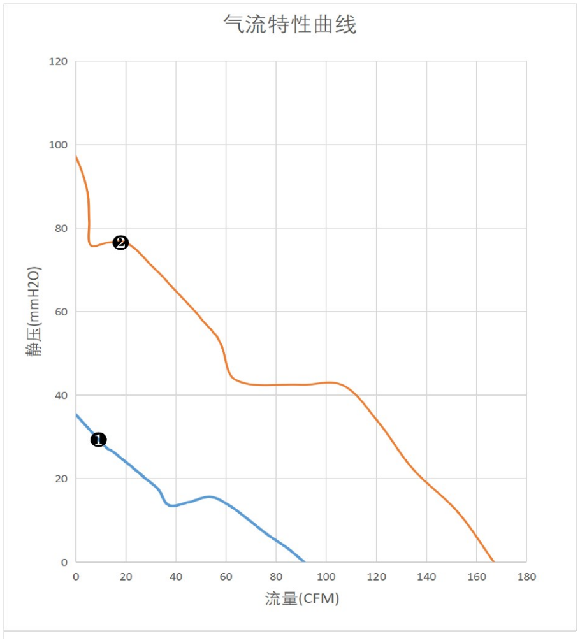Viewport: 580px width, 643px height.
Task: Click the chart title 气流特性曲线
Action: point(290,24)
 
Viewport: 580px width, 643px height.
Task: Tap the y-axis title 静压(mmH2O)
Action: point(34,311)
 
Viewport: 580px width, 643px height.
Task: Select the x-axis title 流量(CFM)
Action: point(302,598)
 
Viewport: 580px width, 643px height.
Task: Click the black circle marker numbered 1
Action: point(98,440)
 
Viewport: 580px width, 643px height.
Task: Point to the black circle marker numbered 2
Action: point(120,243)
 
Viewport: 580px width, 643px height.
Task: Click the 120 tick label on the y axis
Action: point(58,62)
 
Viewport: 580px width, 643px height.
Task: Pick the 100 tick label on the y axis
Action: point(58,145)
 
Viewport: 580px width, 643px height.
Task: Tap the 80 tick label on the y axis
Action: point(61,228)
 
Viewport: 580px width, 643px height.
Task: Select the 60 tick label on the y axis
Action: point(61,312)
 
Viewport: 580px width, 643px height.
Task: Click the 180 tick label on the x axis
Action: point(526,577)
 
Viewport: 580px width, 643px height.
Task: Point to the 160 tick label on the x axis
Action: point(477,577)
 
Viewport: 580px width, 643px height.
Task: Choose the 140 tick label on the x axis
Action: point(426,577)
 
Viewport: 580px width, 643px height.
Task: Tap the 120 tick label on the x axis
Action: point(377,577)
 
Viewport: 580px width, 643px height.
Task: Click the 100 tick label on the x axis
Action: point(326,577)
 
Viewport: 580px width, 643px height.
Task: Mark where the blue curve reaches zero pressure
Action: point(304,561)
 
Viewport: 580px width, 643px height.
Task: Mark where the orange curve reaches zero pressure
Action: point(493,561)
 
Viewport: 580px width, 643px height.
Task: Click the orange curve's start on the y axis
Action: point(76,156)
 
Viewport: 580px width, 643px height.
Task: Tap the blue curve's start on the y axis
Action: point(76,415)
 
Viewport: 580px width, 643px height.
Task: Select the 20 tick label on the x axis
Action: point(126,577)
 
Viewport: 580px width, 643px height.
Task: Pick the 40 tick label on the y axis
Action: point(61,395)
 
